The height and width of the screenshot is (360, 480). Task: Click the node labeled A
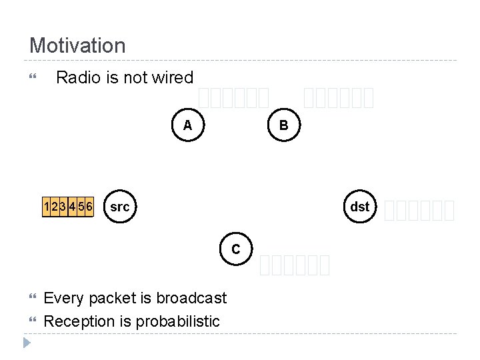coord(188,125)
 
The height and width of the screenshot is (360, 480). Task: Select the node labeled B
coord(284,125)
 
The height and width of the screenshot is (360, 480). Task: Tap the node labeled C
coord(236,249)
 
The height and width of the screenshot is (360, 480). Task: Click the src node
coord(119,207)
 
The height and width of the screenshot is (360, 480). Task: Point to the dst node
coord(359,207)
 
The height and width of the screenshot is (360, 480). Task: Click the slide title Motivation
coord(77,46)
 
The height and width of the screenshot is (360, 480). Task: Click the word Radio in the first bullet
coord(78,77)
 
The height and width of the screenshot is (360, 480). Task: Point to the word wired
coord(173,77)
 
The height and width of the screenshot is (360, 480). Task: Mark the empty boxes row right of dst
coord(420,211)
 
